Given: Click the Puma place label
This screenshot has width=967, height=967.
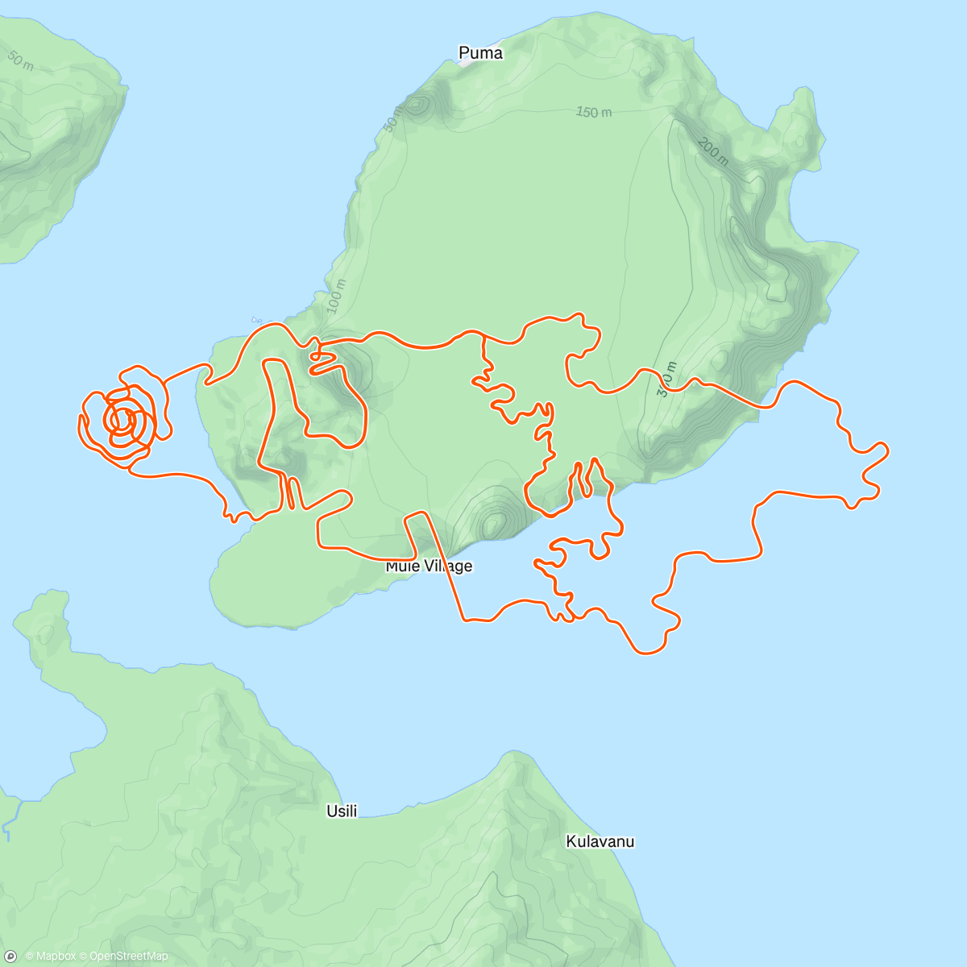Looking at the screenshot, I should pyautogui.click(x=480, y=53).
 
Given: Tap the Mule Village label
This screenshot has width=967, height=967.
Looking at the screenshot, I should pyautogui.click(x=429, y=566).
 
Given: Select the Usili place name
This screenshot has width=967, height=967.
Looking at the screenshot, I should pyautogui.click(x=342, y=811).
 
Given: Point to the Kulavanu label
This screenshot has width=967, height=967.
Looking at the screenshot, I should pyautogui.click(x=600, y=841).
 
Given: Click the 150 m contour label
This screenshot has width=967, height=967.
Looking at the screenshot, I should pyautogui.click(x=593, y=112).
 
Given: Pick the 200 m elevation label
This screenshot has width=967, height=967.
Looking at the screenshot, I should pyautogui.click(x=713, y=151).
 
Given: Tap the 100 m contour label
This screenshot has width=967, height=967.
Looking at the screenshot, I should pyautogui.click(x=336, y=296).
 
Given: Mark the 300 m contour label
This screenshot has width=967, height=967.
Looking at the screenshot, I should pyautogui.click(x=666, y=379).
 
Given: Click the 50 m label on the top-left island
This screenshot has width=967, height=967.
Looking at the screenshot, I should pyautogui.click(x=20, y=60).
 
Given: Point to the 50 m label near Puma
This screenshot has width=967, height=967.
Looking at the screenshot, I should pyautogui.click(x=392, y=119).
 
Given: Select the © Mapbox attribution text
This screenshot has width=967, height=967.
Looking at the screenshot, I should pyautogui.click(x=50, y=957).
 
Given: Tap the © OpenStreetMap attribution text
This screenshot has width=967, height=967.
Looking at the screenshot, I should pyautogui.click(x=123, y=957).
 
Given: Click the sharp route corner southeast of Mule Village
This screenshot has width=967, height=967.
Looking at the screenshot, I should pyautogui.click(x=464, y=620).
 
